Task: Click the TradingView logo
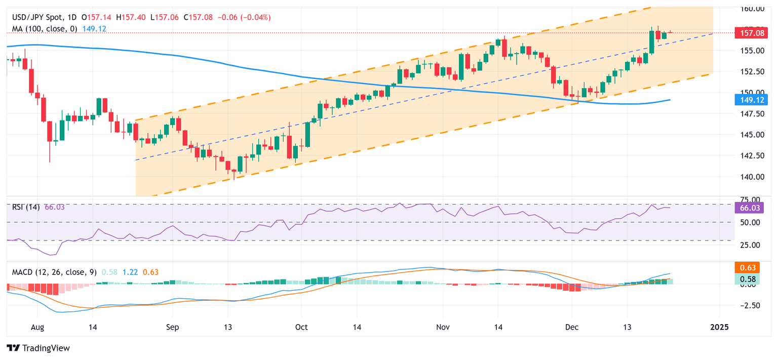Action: (38, 348)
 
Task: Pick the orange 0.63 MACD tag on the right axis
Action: (748, 268)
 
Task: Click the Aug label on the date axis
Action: (37, 327)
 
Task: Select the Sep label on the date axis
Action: (172, 327)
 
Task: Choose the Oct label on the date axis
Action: (301, 327)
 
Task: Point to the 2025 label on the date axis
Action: (719, 327)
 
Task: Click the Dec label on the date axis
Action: (572, 327)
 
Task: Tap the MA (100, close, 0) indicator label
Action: (45, 29)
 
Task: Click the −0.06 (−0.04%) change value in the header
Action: (244, 17)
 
